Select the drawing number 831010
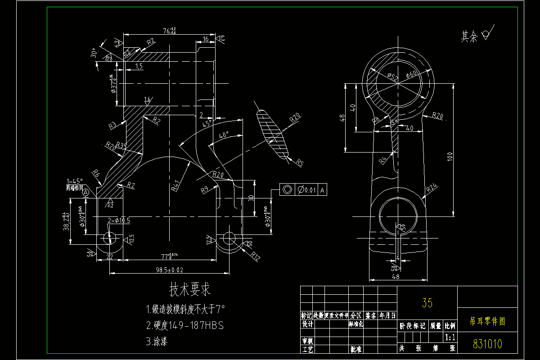point(487,344)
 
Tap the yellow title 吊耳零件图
point(487,321)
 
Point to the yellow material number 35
point(427,303)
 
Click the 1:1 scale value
point(450,337)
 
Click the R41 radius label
point(176,184)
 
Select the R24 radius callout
point(432,189)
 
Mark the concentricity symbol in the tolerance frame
point(286,190)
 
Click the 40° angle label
point(224,135)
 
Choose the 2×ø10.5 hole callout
point(119,220)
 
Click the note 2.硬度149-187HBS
point(184,325)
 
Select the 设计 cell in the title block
point(307,324)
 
